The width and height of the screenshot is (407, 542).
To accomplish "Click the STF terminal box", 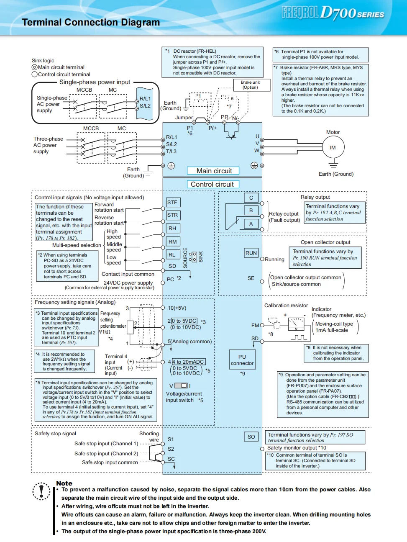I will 173,203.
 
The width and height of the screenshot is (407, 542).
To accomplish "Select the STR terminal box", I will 173,215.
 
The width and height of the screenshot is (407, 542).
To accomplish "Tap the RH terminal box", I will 173,229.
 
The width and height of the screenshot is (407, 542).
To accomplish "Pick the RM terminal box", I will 173,241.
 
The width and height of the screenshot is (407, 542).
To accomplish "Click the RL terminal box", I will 172,254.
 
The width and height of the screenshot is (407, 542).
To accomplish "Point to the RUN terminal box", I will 251,253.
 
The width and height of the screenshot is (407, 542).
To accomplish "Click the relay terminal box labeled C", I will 251,198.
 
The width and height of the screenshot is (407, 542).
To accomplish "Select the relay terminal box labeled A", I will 251,223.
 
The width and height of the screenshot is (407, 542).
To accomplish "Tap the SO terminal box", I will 251,437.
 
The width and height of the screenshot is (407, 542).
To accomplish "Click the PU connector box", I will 242,360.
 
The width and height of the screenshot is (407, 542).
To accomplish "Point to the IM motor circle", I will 333,148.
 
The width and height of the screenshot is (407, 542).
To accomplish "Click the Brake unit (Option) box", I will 250,85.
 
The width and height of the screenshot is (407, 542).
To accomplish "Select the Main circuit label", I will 214,171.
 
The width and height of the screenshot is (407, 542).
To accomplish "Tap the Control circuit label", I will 212,184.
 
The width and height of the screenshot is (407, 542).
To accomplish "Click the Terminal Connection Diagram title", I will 91,23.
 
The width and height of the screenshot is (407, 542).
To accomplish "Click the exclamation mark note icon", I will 41,490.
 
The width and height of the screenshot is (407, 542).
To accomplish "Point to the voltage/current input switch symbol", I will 181,385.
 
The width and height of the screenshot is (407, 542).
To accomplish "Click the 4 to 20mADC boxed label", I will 188,362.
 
